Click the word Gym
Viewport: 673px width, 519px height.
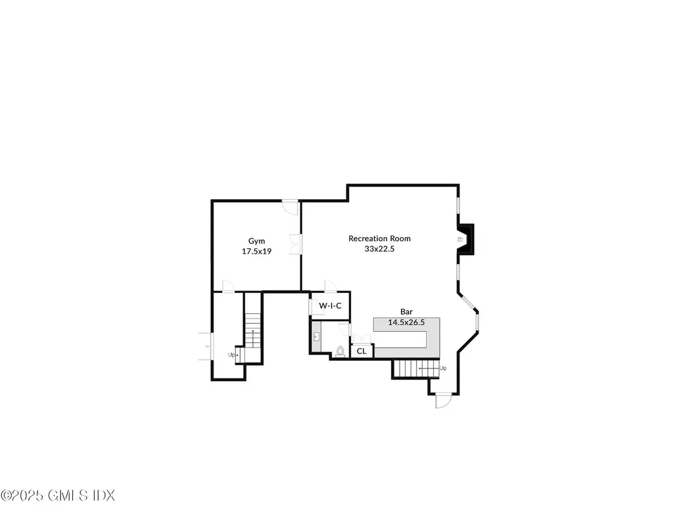pyautogui.click(x=256, y=241)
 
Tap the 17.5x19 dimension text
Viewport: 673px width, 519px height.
pyautogui.click(x=256, y=251)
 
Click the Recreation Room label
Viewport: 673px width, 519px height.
pyautogui.click(x=379, y=238)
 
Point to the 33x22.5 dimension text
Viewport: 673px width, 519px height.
pyautogui.click(x=379, y=249)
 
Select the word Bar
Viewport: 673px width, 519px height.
pyautogui.click(x=407, y=311)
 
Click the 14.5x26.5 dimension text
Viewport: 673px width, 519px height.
pyautogui.click(x=406, y=322)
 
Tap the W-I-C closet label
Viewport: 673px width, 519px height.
pyautogui.click(x=330, y=306)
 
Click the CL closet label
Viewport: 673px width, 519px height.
pyautogui.click(x=361, y=351)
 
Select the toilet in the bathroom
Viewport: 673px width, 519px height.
pyautogui.click(x=340, y=351)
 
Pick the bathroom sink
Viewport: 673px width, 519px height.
pyautogui.click(x=316, y=336)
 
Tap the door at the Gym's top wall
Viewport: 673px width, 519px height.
pyautogui.click(x=289, y=206)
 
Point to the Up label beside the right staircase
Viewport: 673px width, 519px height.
pyautogui.click(x=443, y=369)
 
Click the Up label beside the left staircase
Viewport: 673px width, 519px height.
pyautogui.click(x=231, y=355)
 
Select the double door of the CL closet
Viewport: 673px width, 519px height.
pyautogui.click(x=361, y=338)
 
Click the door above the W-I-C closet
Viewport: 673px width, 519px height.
pyautogui.click(x=330, y=286)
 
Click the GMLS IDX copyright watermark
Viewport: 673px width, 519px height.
pyautogui.click(x=58, y=495)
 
